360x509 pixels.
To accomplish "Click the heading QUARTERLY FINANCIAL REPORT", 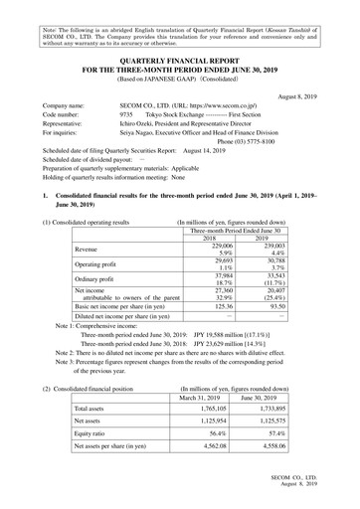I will tap(180, 59).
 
